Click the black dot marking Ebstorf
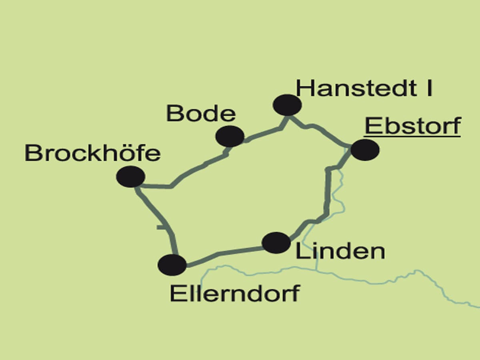point(365,150)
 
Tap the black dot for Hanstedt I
point(287,105)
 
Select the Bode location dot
point(230,136)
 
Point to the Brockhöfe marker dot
point(130,176)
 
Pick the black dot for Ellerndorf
point(172,265)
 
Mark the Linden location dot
point(276,242)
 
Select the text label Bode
point(201,114)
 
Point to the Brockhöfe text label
point(92,153)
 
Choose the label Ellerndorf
point(234,294)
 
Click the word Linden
point(340,252)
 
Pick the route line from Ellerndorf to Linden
point(224,254)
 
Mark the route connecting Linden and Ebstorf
point(327,192)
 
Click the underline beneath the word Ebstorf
point(412,136)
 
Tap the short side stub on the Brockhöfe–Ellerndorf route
point(161,227)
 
